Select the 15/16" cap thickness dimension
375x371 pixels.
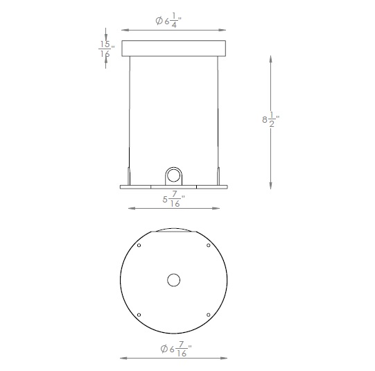pos(105,48)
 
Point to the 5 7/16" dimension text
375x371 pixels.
pos(173,201)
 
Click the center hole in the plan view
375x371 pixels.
pos(173,279)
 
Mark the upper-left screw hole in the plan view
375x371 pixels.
pos(139,245)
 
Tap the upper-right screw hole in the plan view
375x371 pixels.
pos(208,245)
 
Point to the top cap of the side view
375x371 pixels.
pos(173,48)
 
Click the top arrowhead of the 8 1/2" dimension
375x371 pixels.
pos(270,60)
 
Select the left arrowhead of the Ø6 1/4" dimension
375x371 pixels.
pos(124,31)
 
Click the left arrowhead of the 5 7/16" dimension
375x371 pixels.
pos(129,207)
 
